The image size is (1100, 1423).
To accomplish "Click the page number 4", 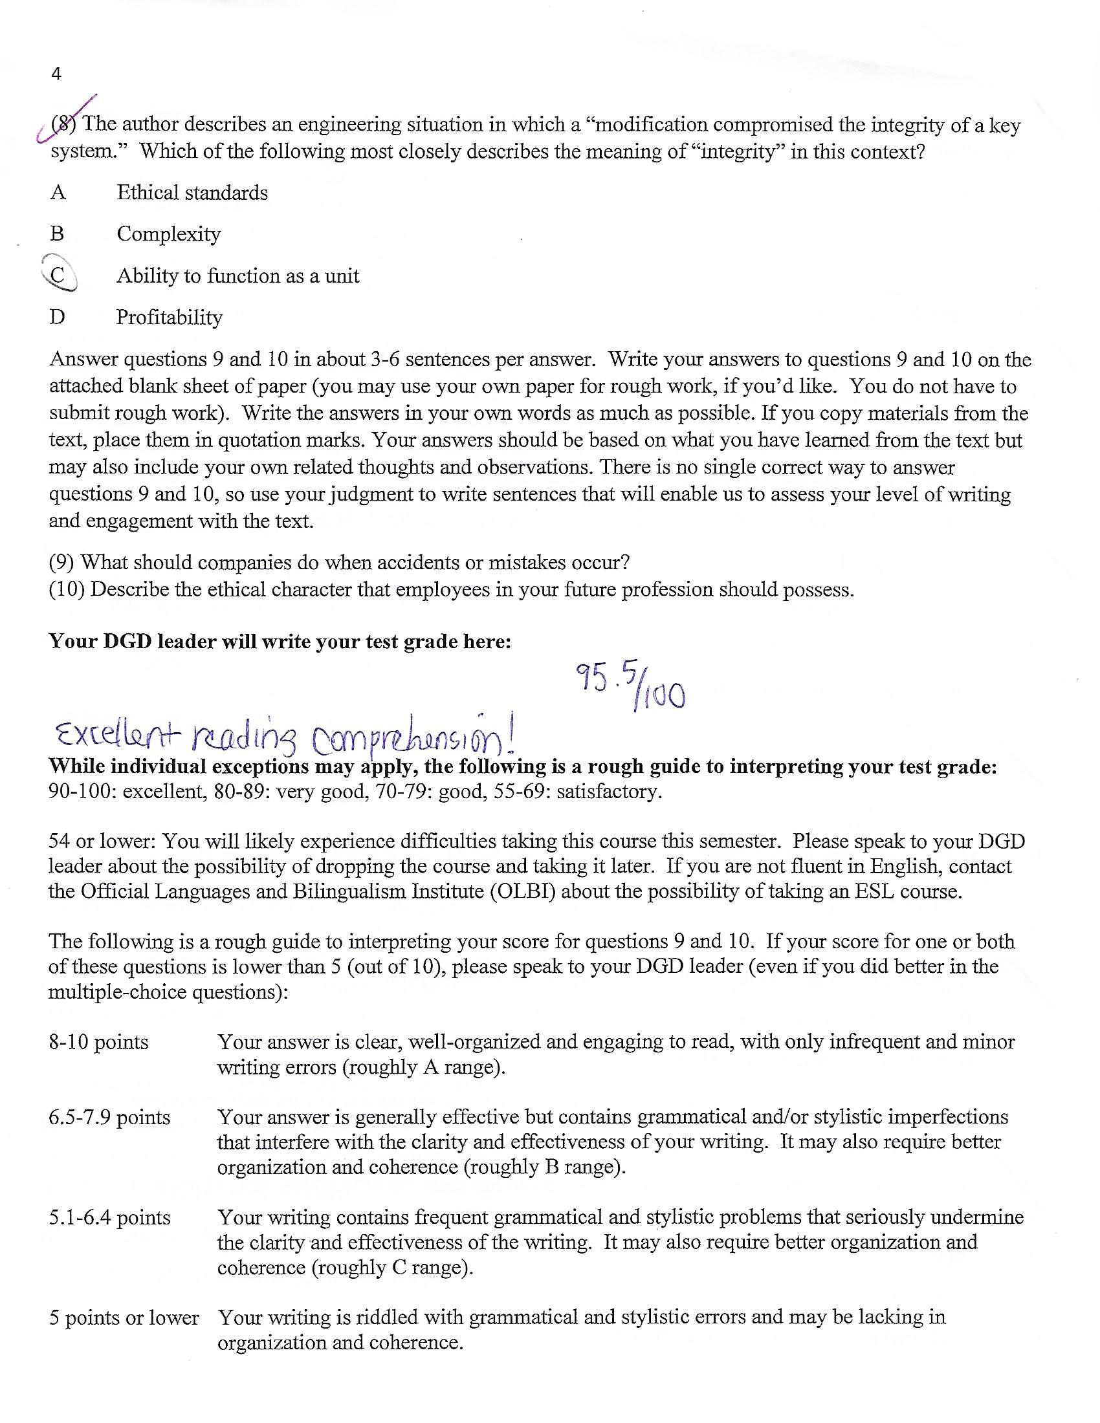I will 56,74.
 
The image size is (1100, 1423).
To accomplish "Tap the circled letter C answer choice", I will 58,276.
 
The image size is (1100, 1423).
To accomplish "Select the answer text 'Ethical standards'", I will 192,193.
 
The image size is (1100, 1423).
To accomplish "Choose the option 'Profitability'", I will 170,318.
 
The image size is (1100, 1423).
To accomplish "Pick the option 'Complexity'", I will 169,234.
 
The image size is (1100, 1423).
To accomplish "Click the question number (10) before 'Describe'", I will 67,590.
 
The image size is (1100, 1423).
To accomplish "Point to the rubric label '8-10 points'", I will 98,1043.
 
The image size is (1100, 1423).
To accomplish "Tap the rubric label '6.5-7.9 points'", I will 109,1118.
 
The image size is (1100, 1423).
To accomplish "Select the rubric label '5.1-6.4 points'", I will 109,1218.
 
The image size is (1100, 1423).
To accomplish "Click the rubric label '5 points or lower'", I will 124,1318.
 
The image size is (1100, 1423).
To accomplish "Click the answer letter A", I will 58,193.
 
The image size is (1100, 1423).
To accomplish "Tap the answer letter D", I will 58,318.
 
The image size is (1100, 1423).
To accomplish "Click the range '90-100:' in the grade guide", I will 83,792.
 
